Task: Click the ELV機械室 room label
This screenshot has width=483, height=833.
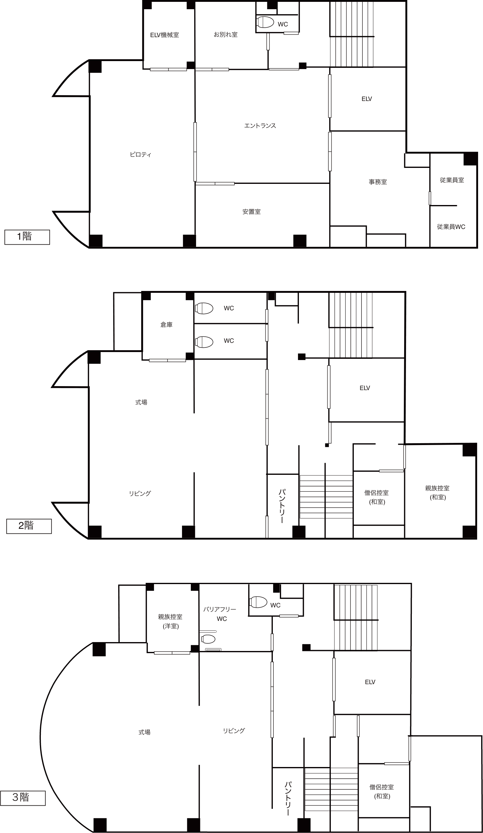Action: [x=165, y=35]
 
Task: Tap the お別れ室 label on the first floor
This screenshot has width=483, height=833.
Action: [x=226, y=34]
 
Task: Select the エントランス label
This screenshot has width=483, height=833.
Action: [x=260, y=126]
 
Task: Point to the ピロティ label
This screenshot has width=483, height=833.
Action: [x=141, y=154]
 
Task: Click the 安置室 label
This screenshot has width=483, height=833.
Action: [x=252, y=211]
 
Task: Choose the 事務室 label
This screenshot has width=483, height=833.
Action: [x=378, y=182]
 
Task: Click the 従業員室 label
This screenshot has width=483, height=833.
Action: [x=452, y=180]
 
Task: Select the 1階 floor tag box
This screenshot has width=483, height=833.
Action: [x=27, y=237]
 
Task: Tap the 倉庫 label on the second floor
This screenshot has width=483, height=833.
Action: [x=166, y=325]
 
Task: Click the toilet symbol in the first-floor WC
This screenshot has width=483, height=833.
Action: [x=265, y=22]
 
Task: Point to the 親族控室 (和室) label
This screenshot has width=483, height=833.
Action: [x=437, y=493]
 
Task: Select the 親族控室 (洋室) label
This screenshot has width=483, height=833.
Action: [x=170, y=621]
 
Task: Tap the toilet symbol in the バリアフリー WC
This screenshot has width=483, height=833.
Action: [x=208, y=639]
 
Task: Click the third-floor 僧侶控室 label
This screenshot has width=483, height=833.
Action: [x=381, y=787]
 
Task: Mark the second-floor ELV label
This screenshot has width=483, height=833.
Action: [x=365, y=388]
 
